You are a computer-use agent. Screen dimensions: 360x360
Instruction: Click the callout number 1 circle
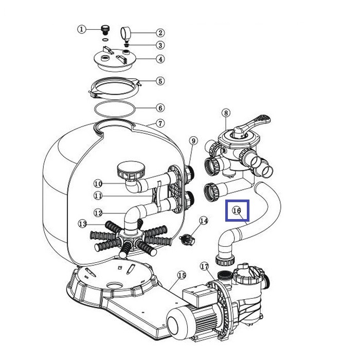pyautogui.click(x=81, y=29)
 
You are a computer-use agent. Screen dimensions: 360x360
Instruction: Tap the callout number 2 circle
pyautogui.click(x=160, y=33)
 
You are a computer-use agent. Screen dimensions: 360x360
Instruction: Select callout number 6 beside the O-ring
pyautogui.click(x=160, y=108)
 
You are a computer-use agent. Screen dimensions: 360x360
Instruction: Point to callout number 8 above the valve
pyautogui.click(x=226, y=113)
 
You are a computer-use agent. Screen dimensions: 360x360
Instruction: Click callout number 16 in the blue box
pyautogui.click(x=237, y=210)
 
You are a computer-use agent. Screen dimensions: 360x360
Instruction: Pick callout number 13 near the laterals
pyautogui.click(x=83, y=223)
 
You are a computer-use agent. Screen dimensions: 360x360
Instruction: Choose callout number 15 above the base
pyautogui.click(x=182, y=275)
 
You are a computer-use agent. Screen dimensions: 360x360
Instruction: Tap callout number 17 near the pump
pyautogui.click(x=204, y=266)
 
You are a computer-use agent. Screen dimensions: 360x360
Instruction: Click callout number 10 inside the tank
pyautogui.click(x=98, y=184)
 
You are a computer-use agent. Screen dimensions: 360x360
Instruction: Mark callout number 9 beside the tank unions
pyautogui.click(x=193, y=140)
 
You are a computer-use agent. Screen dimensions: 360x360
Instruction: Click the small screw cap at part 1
pyautogui.click(x=105, y=29)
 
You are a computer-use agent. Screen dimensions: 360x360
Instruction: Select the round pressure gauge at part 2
pyautogui.click(x=125, y=33)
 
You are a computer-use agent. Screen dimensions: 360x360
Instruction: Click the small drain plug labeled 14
pyautogui.click(x=187, y=240)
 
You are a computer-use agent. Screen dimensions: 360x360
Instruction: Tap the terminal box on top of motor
pyautogui.click(x=200, y=296)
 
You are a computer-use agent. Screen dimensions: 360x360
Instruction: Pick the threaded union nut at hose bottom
pyautogui.click(x=225, y=259)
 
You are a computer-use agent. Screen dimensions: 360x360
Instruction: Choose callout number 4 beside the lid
pyautogui.click(x=160, y=59)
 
